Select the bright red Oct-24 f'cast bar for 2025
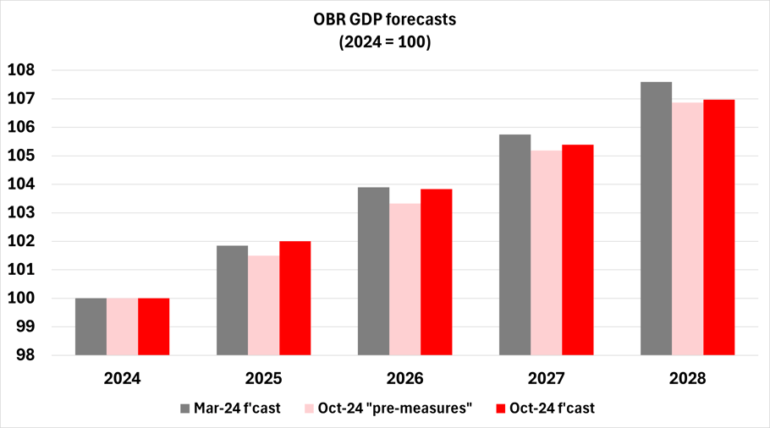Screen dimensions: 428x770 click(295, 298)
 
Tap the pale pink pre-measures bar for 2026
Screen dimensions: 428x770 click(404, 279)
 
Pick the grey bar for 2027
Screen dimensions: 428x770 click(514, 244)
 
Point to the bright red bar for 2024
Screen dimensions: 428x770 click(154, 326)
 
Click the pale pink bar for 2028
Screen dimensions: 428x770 click(687, 228)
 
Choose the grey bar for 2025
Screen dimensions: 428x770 click(232, 300)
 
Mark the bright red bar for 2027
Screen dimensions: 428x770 click(577, 250)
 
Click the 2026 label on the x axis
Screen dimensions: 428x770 click(404, 378)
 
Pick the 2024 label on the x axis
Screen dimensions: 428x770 click(122, 378)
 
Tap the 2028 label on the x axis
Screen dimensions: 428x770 click(687, 378)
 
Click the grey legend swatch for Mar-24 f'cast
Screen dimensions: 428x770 click(185, 409)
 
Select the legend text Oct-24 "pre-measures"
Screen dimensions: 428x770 click(395, 409)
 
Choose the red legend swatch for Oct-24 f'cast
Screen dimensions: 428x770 click(500, 409)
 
